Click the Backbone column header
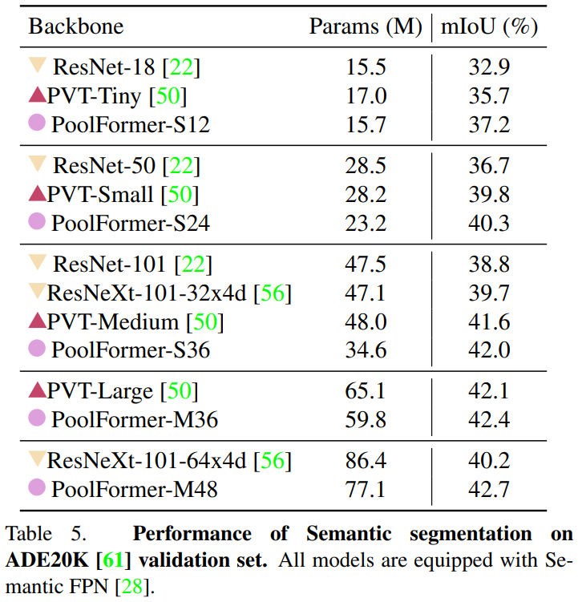point(76,26)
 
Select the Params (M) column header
point(366,26)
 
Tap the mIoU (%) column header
point(489,26)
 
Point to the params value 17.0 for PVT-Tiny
point(368,96)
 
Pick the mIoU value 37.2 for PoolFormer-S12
point(489,124)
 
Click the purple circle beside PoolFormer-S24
point(37,221)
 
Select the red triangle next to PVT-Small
point(37,193)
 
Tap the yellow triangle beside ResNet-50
point(37,165)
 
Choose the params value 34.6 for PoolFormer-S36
point(368,349)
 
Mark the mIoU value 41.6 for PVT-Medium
point(489,321)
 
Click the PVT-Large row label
point(99,391)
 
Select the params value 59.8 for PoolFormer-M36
point(368,419)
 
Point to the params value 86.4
point(368,461)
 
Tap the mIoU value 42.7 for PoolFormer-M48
point(489,488)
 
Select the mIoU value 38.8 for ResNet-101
point(489,263)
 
